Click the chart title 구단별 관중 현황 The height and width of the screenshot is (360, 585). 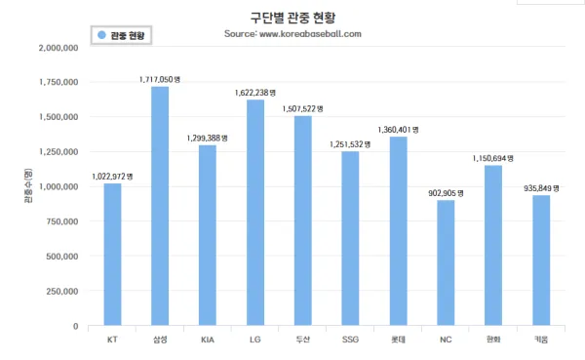[x=292, y=18]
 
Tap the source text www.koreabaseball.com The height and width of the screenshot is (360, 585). [x=310, y=34]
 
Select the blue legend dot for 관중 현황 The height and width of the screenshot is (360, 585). [x=101, y=35]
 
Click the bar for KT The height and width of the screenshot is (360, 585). [x=112, y=255]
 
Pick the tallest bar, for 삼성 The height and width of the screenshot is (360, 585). [x=160, y=206]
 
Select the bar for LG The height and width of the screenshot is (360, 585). [x=255, y=213]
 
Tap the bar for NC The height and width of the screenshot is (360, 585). [x=446, y=262]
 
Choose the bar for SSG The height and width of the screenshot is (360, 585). [x=350, y=238]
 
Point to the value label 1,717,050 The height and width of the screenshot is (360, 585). [x=156, y=80]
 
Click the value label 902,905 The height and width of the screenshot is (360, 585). [x=442, y=193]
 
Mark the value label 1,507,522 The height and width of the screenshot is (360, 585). [x=299, y=109]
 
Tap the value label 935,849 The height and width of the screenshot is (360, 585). [x=537, y=188]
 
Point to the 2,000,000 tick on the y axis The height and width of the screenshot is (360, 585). [x=58, y=48]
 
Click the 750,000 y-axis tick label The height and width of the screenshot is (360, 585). [x=62, y=221]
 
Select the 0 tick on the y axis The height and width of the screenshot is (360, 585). [x=76, y=327]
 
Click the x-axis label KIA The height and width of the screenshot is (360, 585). [x=208, y=340]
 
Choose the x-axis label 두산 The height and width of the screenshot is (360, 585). [x=303, y=340]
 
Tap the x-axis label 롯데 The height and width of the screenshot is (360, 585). [x=398, y=340]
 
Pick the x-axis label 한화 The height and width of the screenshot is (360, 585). [x=493, y=340]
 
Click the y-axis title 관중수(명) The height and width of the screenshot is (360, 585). [x=28, y=185]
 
